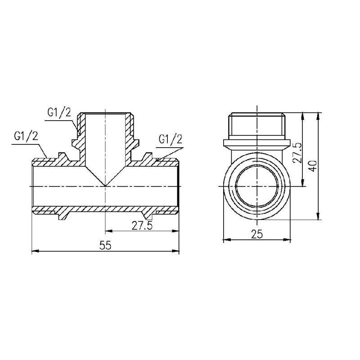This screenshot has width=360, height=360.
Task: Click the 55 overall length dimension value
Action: click(x=105, y=245)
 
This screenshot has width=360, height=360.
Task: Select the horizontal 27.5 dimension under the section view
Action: click(x=142, y=225)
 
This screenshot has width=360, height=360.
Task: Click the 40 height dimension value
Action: click(x=313, y=166)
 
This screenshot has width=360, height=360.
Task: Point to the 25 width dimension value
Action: click(x=257, y=234)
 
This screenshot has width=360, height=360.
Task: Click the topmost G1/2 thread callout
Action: click(x=59, y=113)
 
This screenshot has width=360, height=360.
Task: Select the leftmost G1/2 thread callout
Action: click(x=26, y=136)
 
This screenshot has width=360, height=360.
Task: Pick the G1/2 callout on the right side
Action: click(x=171, y=139)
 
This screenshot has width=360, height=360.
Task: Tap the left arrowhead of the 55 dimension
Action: click(x=35, y=251)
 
